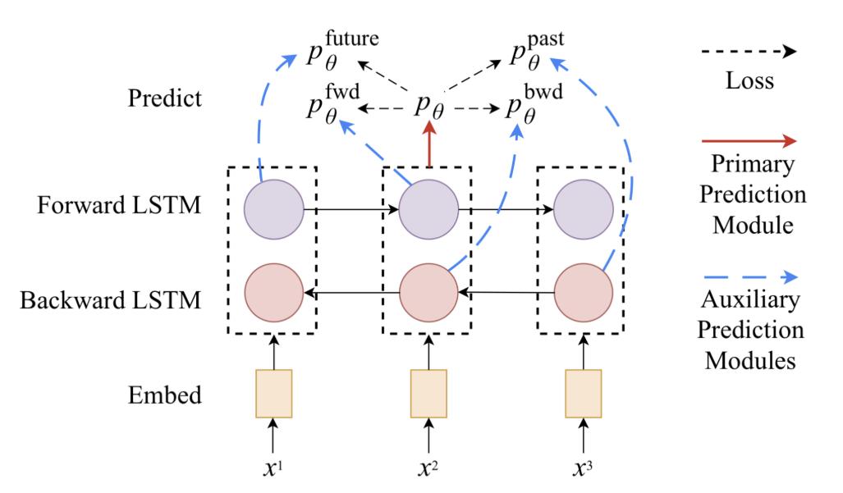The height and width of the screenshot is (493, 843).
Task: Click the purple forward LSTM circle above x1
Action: [274, 210]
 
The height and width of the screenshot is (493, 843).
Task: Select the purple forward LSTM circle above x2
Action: [428, 210]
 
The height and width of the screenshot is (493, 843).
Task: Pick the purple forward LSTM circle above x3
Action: [584, 210]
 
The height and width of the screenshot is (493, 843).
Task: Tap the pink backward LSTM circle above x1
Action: [274, 292]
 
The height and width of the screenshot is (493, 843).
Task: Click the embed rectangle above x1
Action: [274, 395]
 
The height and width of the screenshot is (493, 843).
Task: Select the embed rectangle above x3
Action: [584, 395]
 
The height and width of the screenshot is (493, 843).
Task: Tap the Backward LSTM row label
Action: [110, 300]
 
